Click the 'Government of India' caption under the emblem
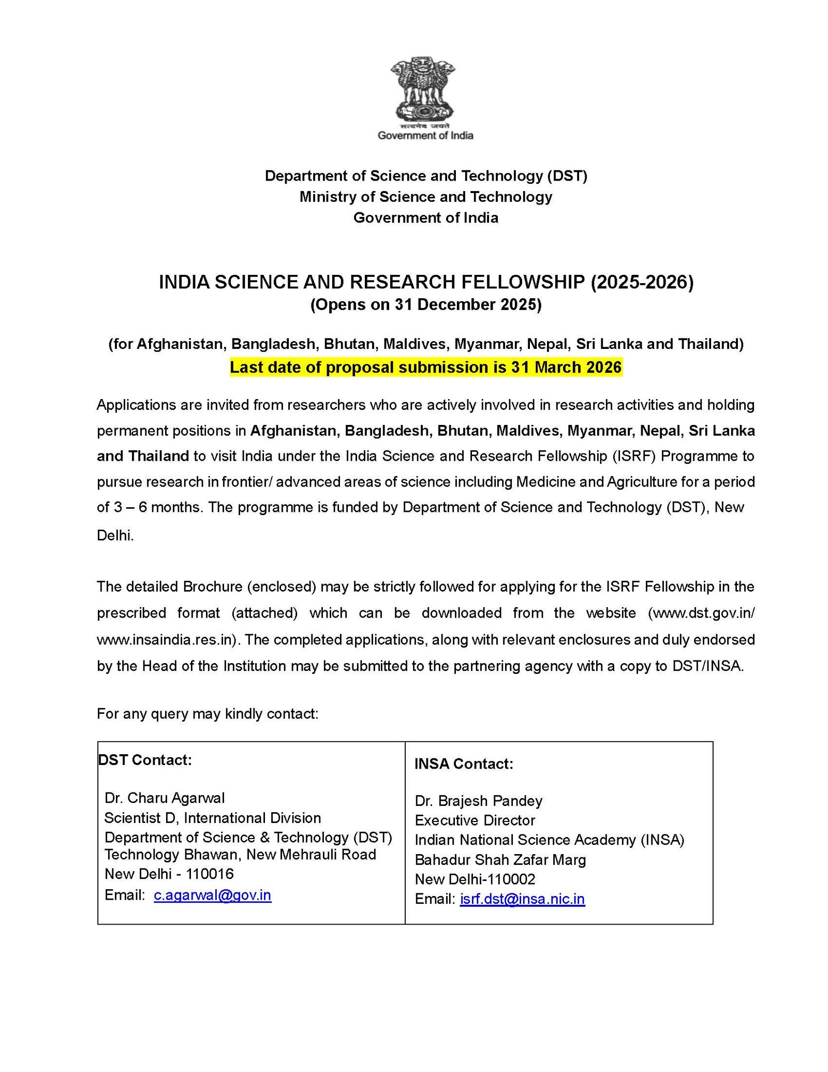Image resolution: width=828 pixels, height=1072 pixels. coord(425,136)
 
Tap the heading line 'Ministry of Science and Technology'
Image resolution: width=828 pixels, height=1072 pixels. coord(425,197)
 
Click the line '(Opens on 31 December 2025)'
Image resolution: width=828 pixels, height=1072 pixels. coord(425,304)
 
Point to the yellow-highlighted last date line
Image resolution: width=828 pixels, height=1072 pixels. coord(425,368)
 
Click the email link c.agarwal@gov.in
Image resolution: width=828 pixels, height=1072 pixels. coord(212,895)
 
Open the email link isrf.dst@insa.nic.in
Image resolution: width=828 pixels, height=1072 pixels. coord(522,899)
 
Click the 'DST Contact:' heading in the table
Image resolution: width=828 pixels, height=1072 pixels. coord(145,760)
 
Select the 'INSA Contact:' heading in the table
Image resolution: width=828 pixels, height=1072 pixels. coord(464,764)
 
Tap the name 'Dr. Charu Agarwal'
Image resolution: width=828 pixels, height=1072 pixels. coord(165,798)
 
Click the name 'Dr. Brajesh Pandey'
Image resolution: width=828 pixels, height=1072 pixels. coord(478,801)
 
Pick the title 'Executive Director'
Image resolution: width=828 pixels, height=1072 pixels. coord(475,820)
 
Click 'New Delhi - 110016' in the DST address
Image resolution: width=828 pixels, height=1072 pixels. coord(169,874)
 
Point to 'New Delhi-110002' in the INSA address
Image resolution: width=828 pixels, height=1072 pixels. coord(475,879)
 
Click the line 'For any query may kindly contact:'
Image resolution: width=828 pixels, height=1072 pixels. coord(207,714)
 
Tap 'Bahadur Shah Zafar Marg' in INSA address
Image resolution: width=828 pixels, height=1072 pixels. coord(500,860)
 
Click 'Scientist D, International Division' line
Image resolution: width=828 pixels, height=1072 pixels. coord(212,818)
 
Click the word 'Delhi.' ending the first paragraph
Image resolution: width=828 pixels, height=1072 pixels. coord(115,536)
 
